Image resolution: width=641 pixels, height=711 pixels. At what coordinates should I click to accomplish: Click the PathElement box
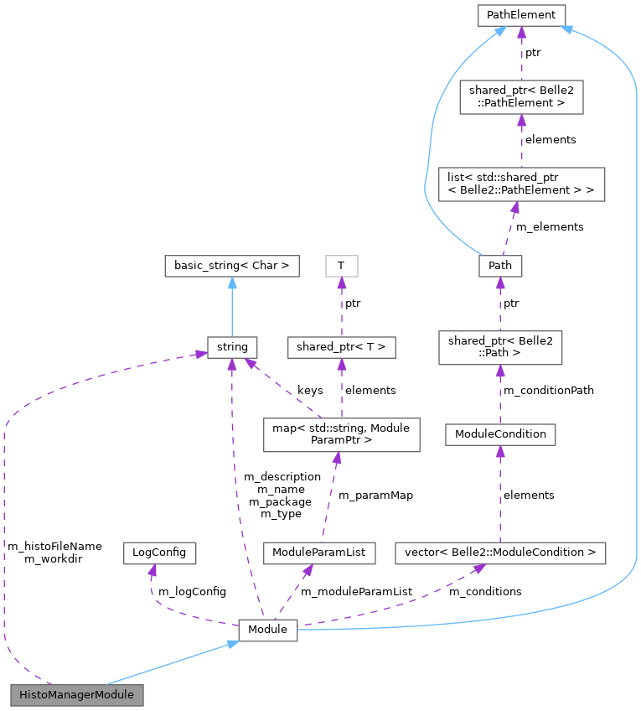[x=521, y=14]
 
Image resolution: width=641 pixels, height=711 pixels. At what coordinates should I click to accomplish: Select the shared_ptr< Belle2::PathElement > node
[x=521, y=97]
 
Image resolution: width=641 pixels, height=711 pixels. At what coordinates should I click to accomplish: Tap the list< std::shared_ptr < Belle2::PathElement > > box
[x=521, y=183]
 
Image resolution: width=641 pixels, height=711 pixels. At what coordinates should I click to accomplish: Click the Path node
[x=500, y=266]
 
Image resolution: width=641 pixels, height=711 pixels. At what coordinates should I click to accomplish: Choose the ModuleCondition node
[x=500, y=433]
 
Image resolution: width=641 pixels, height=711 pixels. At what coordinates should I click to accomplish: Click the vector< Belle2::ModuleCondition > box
[x=500, y=553]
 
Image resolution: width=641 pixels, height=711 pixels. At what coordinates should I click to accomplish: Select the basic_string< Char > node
[x=232, y=266]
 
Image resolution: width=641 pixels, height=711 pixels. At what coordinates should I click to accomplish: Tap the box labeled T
[x=341, y=266]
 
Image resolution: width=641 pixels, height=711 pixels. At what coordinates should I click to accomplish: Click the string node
[x=232, y=345]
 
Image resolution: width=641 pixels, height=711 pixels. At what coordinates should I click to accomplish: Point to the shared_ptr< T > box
[x=341, y=345]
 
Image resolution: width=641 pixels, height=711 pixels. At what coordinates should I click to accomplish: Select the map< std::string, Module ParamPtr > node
[x=341, y=434]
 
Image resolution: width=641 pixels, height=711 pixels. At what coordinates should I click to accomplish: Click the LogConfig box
[x=159, y=553]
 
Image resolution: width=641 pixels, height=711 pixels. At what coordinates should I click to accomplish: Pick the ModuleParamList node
[x=318, y=553]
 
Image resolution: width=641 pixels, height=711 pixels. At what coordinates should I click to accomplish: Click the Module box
[x=268, y=629]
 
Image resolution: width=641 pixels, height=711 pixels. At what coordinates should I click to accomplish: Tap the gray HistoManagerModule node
[x=76, y=695]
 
